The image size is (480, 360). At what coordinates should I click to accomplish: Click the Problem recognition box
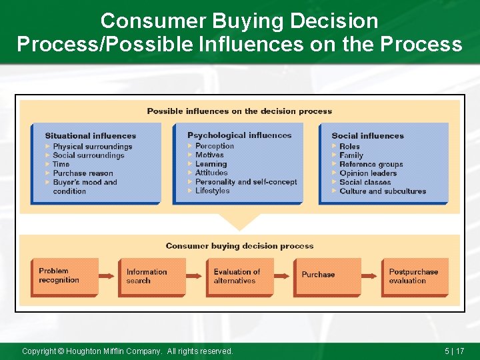coord(64,276)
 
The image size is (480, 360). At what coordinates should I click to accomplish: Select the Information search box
coord(151,276)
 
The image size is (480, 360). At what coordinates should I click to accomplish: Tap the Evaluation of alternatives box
coord(239,276)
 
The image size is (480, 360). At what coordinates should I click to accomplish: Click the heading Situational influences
coord(90,136)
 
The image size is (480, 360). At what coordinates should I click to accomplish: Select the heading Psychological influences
coord(239,135)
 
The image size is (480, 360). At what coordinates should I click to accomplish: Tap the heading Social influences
coord(367,136)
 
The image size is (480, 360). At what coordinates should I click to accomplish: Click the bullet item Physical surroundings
coord(93,147)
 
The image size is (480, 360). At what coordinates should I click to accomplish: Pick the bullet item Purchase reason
coord(83,173)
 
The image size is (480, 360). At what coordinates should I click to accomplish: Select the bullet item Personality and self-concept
coord(246,182)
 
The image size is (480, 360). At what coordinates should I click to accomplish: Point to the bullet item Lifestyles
coord(212,191)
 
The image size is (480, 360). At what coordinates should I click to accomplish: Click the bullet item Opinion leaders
coord(368,173)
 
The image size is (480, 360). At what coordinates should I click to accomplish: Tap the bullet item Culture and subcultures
coord(383,191)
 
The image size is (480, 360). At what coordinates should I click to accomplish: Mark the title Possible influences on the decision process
coord(239,111)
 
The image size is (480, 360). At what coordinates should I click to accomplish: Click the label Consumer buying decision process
coord(239,246)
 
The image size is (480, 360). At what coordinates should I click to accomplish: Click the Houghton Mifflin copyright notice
coord(127,351)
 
